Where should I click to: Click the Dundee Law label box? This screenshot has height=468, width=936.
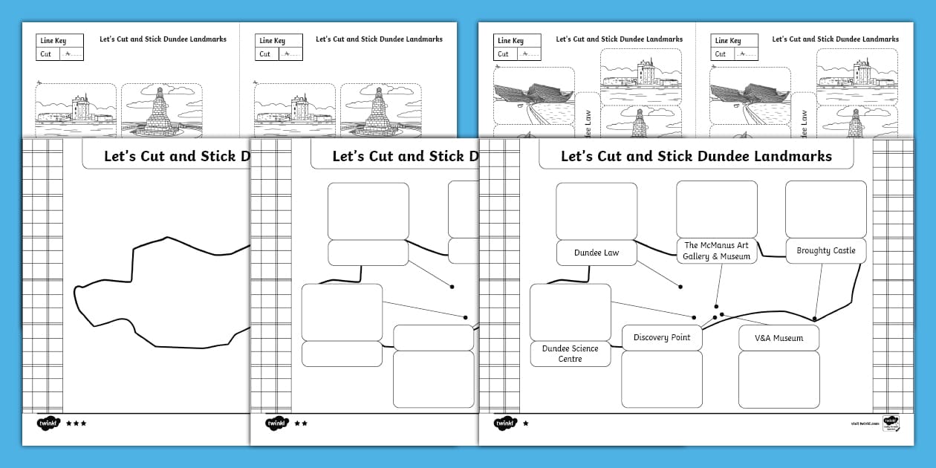597,253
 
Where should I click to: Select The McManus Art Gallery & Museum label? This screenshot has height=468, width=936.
717,251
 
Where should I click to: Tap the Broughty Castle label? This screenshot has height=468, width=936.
825,251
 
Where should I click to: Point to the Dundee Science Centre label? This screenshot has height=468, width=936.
570,354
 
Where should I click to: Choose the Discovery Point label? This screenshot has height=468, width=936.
661,338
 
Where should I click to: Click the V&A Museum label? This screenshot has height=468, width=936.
779,338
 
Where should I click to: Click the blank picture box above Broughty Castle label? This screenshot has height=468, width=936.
825,209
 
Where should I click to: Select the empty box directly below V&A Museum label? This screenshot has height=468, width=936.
779,379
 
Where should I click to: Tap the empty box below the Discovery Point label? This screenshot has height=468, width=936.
661,379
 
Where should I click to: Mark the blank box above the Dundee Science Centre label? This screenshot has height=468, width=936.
570,312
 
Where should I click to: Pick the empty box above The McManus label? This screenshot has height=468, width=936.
717,209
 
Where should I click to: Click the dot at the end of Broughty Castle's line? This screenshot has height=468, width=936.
815,319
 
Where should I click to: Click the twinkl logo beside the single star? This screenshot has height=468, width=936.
505,423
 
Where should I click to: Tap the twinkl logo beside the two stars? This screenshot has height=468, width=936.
276,423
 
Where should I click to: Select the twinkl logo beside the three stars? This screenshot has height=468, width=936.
48,423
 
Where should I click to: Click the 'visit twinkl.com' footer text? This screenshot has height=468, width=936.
865,423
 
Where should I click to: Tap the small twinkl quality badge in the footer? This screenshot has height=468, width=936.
891,423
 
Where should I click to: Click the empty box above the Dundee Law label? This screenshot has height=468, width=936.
597,211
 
